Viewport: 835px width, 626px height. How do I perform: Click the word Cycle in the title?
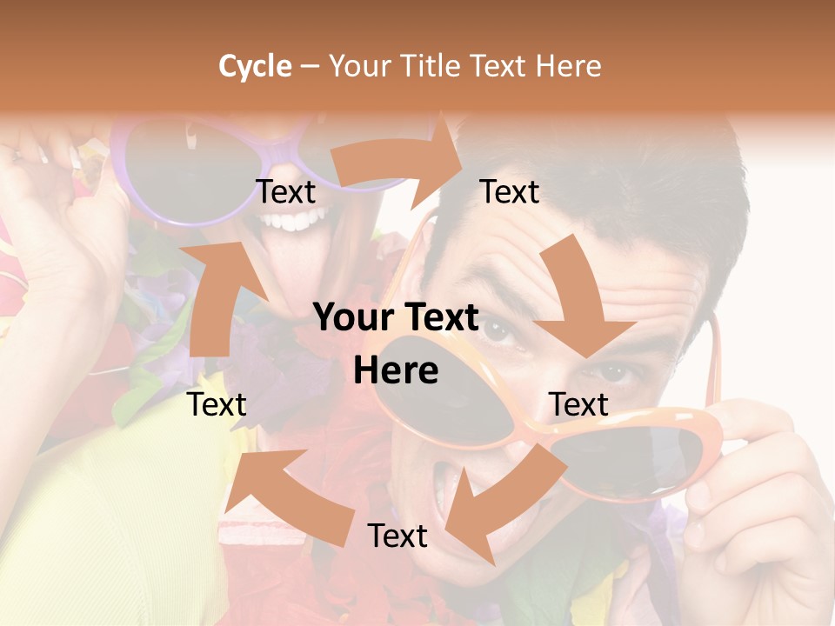(255, 66)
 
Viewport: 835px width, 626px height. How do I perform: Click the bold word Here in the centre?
(396, 371)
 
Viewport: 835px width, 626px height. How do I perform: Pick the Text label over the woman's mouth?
(285, 192)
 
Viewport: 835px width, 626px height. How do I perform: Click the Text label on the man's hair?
(510, 191)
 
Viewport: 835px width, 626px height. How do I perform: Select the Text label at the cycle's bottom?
(397, 536)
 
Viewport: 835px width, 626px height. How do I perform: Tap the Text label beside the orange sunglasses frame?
(578, 404)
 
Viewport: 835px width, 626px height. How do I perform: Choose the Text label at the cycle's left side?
(217, 404)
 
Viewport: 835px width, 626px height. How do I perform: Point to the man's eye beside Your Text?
(498, 330)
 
